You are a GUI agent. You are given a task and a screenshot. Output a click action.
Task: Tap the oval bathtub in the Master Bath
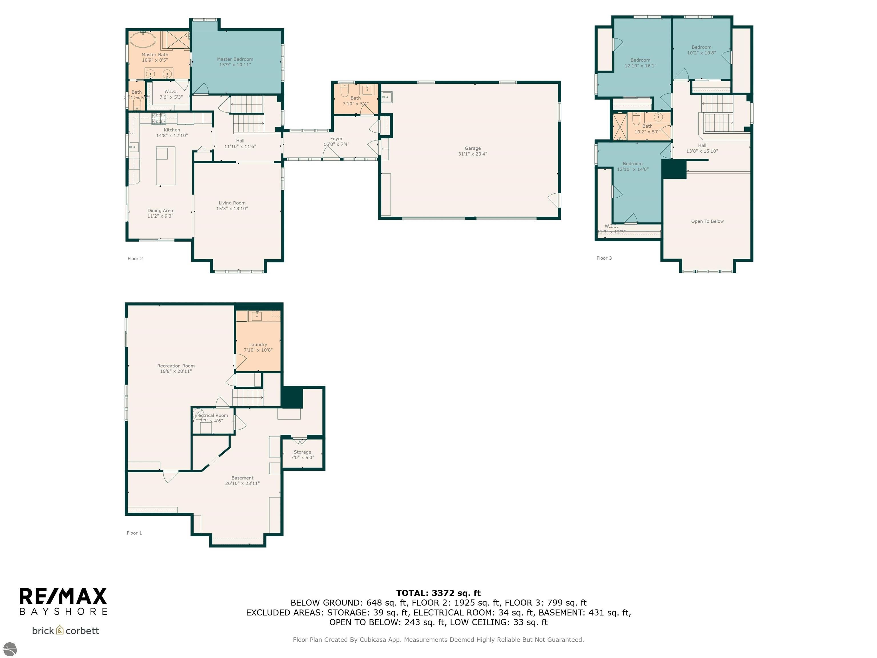coord(143,40)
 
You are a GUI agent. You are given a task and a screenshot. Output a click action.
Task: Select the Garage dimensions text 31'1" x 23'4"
coord(472,154)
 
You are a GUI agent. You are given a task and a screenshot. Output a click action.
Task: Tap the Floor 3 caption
coord(604,258)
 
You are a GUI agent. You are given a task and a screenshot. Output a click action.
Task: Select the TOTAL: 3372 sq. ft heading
coord(438,593)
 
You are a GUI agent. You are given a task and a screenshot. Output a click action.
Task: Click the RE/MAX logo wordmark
coord(63,596)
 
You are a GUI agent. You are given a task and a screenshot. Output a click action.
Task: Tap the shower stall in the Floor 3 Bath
coord(620,127)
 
